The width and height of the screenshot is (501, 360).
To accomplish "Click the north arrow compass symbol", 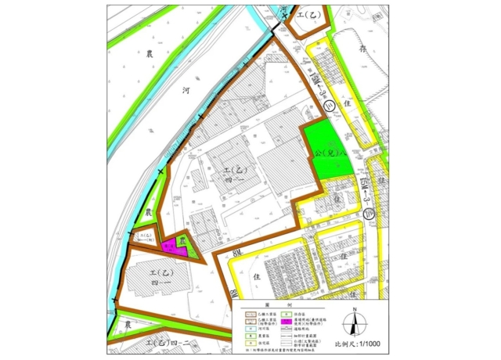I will point(354,322).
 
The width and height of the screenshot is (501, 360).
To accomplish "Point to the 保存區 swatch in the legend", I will point(286,315).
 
